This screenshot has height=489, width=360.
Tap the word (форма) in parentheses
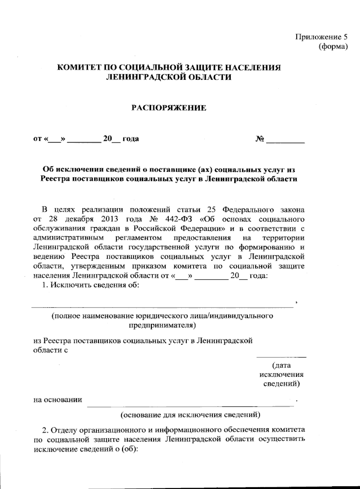pos(333,46)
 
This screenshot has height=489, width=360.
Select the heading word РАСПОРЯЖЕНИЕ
pos(169,108)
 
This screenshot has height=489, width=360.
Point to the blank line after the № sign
pos(286,141)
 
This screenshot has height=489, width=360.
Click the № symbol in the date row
pos(260,139)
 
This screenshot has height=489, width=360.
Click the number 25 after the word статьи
pos(212,210)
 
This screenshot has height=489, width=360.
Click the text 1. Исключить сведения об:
pos(90,285)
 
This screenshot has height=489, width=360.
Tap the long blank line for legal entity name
pos(162,307)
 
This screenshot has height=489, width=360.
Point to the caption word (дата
pos(281,365)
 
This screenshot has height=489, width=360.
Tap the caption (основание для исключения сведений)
pos(190,415)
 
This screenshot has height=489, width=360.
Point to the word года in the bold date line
pos(130,139)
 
